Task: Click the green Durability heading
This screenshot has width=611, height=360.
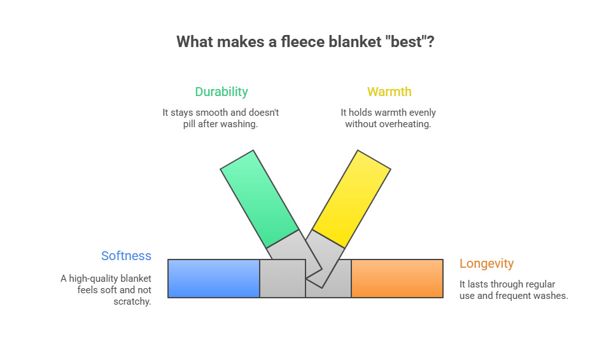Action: click(221, 92)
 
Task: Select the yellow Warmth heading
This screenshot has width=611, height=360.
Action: click(389, 92)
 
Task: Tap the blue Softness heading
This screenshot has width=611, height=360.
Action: click(126, 256)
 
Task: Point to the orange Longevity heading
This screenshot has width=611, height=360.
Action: click(486, 263)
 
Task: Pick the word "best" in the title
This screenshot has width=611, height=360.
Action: click(410, 42)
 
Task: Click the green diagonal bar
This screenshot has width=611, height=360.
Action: click(259, 198)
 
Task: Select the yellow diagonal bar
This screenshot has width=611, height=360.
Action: click(352, 198)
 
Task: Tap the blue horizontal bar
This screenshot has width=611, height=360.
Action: click(214, 279)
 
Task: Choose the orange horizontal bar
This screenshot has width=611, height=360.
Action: click(397, 279)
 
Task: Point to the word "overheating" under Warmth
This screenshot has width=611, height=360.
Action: click(405, 124)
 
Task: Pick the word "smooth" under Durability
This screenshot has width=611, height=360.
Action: click(210, 113)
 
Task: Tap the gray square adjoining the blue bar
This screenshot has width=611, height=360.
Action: click(282, 279)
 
